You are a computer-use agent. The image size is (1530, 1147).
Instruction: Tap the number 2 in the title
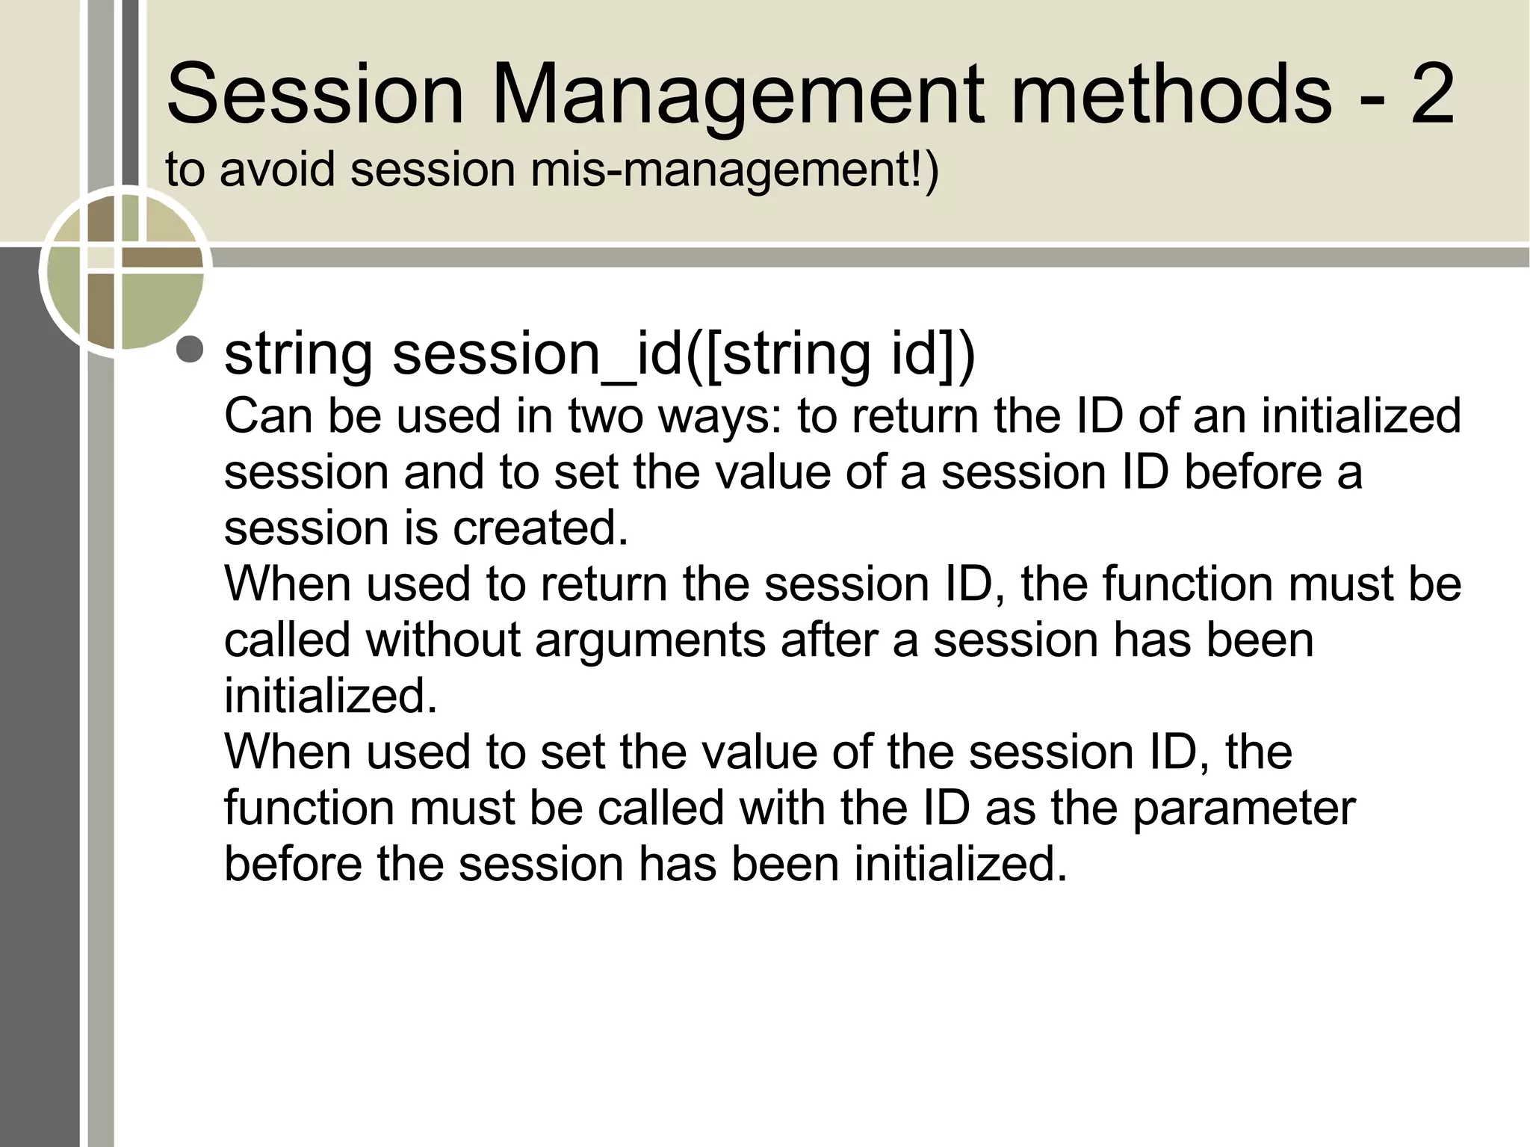pos(1431,95)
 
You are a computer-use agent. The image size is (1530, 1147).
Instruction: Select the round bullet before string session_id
pos(190,350)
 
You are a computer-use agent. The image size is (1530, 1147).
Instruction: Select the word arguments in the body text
pos(650,640)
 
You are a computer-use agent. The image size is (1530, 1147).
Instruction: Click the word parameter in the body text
pos(1244,808)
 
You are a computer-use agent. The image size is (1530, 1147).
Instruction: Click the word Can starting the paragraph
pos(267,415)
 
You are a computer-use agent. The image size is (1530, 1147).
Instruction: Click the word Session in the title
pos(315,95)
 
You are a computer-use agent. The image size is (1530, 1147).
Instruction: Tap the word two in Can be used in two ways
pos(605,415)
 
